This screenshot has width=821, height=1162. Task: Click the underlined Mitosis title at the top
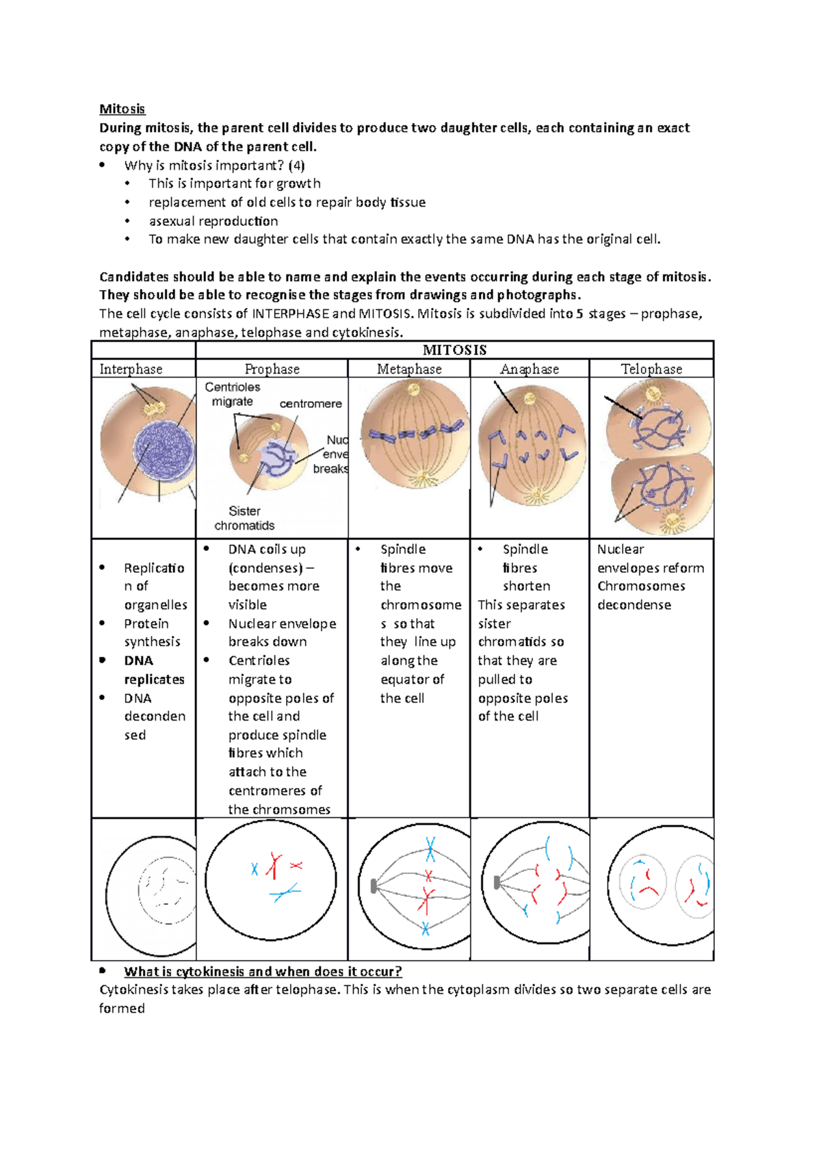[122, 109]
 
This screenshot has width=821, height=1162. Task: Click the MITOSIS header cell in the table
[454, 350]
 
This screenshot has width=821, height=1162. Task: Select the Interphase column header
[131, 369]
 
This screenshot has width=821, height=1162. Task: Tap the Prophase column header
[272, 369]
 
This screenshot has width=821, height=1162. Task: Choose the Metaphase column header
[409, 369]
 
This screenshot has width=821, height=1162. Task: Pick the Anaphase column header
[529, 369]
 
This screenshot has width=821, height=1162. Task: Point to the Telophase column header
[651, 369]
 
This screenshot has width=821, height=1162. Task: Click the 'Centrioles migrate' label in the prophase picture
[233, 394]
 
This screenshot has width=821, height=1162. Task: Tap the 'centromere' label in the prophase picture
[310, 404]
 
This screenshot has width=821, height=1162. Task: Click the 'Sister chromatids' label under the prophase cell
[244, 519]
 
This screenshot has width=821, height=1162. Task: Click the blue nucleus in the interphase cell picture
[164, 451]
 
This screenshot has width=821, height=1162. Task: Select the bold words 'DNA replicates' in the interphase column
[154, 670]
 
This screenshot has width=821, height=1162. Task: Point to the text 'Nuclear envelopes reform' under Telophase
[650, 558]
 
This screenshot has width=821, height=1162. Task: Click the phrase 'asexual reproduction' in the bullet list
[213, 221]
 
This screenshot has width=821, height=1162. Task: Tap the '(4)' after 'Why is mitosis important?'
[296, 165]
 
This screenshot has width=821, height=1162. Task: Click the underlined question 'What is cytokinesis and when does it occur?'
[263, 971]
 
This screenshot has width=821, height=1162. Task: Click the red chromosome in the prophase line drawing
[274, 866]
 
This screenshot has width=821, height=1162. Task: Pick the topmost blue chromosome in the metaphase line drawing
[430, 849]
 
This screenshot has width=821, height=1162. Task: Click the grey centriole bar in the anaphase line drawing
[497, 883]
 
